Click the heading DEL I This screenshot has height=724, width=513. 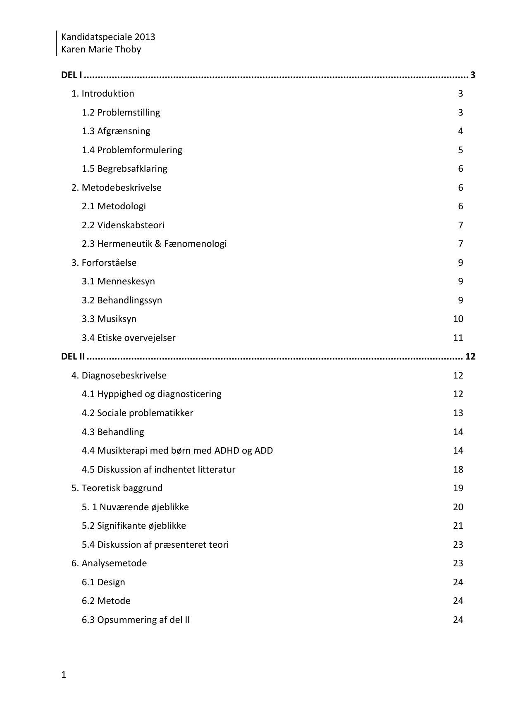71,75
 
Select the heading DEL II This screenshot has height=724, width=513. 73,356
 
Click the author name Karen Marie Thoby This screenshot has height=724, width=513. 101,50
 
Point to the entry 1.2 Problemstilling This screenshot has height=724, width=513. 121,112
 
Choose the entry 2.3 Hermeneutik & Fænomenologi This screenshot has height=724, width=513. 154,244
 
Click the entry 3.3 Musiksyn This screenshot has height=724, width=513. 109,319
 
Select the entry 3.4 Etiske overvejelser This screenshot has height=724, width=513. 129,338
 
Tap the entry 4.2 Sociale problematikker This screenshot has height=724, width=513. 137,413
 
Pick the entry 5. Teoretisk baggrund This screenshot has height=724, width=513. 117,488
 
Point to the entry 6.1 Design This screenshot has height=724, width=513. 103,582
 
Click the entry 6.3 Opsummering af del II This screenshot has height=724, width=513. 136,620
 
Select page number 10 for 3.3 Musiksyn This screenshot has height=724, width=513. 458,319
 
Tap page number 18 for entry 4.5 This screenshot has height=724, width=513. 458,470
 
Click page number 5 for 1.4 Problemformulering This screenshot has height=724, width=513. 461,150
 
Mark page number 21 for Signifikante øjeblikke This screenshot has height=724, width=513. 458,526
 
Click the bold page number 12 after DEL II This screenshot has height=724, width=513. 470,356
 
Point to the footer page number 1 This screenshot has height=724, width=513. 64,675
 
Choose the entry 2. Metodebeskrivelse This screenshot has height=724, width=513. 117,188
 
